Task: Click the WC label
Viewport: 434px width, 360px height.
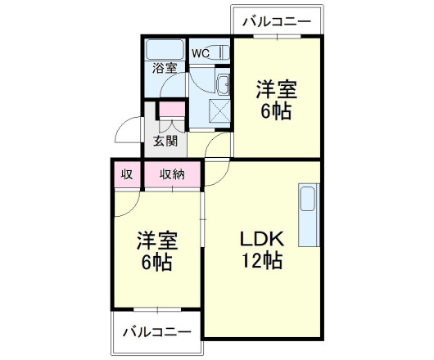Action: pos(201,53)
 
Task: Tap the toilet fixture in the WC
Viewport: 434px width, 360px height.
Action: pos(221,53)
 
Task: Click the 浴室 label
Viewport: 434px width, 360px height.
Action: pos(165,69)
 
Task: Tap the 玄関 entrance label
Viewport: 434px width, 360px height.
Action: pos(165,140)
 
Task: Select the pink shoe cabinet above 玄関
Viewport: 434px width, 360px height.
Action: pos(172,108)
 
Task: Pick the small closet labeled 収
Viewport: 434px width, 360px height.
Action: pos(127,173)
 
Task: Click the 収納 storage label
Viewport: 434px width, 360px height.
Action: pos(172,173)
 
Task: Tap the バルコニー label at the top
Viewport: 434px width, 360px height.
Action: pos(277,20)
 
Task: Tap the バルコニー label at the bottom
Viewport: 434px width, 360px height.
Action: pos(156,333)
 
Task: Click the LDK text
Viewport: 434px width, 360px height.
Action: pos(261,239)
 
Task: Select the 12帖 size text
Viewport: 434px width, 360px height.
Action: pos(262,261)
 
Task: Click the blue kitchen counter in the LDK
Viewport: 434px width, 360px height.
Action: pos(308,216)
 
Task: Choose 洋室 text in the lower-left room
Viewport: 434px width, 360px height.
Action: pos(156,241)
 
